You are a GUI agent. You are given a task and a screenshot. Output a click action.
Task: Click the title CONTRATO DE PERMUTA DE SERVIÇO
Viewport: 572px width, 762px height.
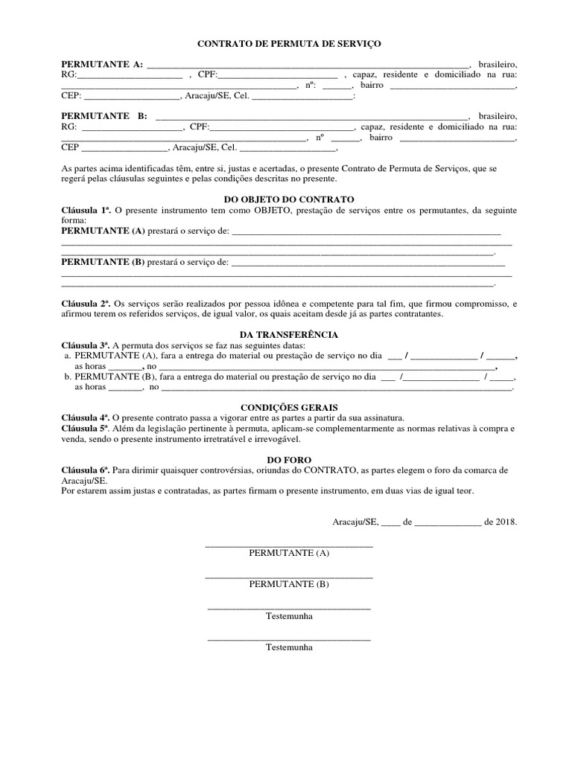pyautogui.click(x=289, y=45)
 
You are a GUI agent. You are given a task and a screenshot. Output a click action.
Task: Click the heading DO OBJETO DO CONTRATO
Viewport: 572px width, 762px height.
pyautogui.click(x=289, y=199)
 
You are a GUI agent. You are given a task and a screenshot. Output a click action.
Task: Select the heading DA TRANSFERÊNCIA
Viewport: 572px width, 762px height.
pyautogui.click(x=289, y=335)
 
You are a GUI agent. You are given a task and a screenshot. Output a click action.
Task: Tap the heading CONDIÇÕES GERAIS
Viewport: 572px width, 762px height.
pyautogui.click(x=289, y=408)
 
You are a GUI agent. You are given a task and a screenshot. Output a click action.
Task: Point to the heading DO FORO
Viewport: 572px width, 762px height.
pyautogui.click(x=289, y=461)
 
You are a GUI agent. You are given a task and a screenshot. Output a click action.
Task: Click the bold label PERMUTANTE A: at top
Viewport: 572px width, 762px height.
pyautogui.click(x=102, y=65)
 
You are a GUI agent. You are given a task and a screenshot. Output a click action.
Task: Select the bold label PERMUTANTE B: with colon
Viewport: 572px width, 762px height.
pyautogui.click(x=104, y=117)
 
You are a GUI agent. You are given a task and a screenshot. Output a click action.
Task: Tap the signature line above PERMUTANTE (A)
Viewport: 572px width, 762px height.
pyautogui.click(x=289, y=547)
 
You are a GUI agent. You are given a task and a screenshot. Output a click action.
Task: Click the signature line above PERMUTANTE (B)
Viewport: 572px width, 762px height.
pyautogui.click(x=289, y=577)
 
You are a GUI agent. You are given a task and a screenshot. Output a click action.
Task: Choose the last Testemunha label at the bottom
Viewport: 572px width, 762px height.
pyautogui.click(x=289, y=647)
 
